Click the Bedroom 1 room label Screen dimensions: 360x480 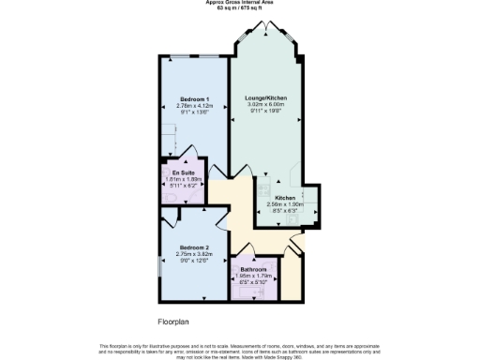(x=195, y=98)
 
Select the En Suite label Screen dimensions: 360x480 (x=182, y=173)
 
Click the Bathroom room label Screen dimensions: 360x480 (x=254, y=268)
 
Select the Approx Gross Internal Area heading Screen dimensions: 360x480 (x=239, y=3)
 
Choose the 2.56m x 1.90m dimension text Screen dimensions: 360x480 (x=286, y=204)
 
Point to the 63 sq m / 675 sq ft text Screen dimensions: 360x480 (x=239, y=8)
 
